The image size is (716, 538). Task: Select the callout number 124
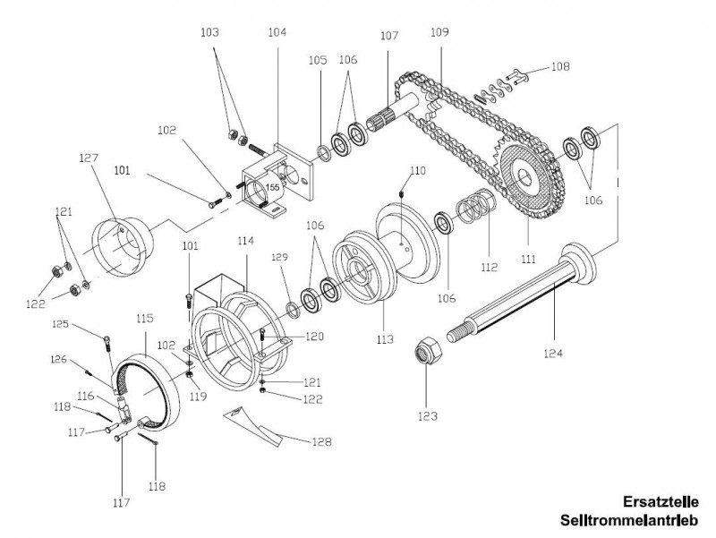click(552, 354)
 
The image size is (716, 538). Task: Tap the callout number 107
click(388, 37)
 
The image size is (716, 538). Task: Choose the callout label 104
click(277, 31)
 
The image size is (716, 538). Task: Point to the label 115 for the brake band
click(144, 318)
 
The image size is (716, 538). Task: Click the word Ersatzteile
click(660, 502)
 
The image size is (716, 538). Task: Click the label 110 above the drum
click(418, 169)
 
